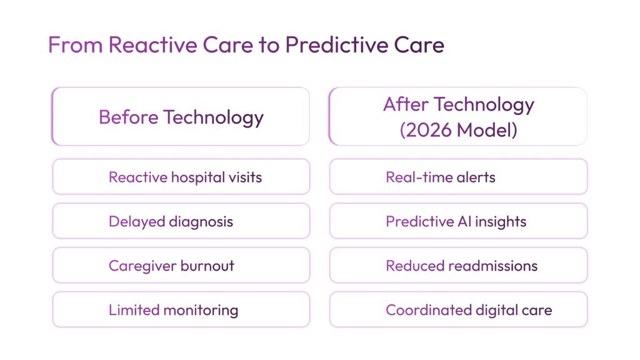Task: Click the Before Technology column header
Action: [181, 117]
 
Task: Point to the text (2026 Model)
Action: [458, 130]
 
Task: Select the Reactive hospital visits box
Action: [181, 177]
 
